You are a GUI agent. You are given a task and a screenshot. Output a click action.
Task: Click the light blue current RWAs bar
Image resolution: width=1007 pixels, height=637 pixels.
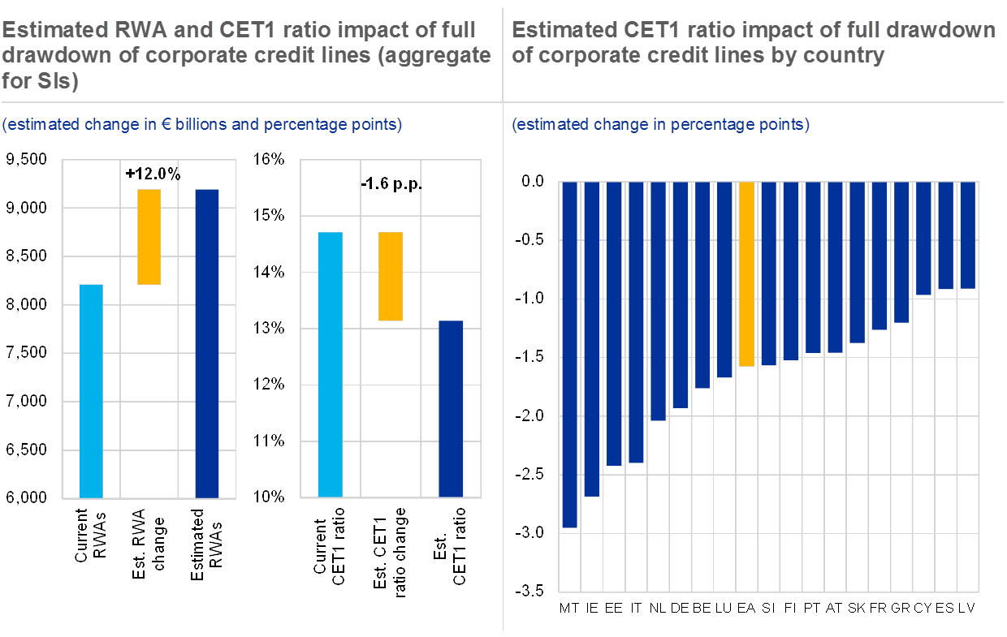(x=91, y=390)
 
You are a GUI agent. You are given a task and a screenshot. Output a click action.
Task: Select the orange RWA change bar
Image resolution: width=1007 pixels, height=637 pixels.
(x=149, y=237)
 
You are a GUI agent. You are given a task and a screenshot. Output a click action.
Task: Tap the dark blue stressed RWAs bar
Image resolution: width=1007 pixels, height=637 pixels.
(x=207, y=342)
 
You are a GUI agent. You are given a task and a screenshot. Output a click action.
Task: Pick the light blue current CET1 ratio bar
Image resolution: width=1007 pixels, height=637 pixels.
(x=331, y=364)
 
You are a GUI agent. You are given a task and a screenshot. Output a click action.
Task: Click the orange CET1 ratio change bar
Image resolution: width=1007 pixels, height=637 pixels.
(x=390, y=277)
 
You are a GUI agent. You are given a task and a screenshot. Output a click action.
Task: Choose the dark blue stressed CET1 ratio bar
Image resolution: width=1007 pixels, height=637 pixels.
(x=451, y=408)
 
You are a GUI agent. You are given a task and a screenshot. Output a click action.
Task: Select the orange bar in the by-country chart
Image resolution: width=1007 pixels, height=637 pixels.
(x=746, y=274)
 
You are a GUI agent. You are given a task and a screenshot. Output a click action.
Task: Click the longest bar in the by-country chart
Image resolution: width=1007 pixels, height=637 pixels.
(x=569, y=355)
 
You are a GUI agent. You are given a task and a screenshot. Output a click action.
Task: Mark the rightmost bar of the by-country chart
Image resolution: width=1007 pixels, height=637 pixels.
(x=967, y=235)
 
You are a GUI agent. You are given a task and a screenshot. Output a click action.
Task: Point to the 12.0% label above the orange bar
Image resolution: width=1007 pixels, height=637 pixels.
(x=157, y=174)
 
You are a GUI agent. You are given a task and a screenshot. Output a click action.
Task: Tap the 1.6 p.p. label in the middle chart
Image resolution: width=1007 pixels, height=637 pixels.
(x=394, y=184)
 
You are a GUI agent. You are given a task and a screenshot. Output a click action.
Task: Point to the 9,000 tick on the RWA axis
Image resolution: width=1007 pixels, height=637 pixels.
(x=28, y=209)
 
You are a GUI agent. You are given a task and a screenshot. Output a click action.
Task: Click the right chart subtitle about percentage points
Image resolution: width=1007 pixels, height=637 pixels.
(x=660, y=125)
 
